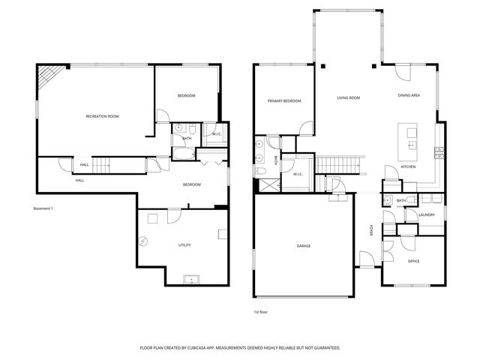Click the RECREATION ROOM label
(102, 116)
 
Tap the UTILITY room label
(184, 245)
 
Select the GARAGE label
(303, 245)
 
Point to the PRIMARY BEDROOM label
(284, 100)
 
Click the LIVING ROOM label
(348, 98)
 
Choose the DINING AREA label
(409, 96)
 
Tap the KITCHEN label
(408, 166)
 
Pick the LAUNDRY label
(427, 215)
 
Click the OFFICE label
(413, 261)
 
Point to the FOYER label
(371, 230)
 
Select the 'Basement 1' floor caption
(43, 208)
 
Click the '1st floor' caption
(262, 311)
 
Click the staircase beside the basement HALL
(103, 165)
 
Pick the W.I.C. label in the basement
(215, 135)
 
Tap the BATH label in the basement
(187, 138)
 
